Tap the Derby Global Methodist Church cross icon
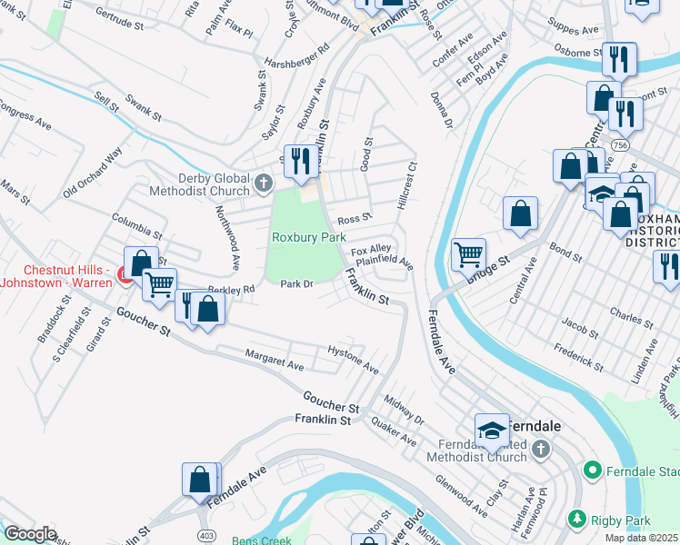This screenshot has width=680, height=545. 264,183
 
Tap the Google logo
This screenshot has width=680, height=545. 30,534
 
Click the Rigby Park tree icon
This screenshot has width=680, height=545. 575,518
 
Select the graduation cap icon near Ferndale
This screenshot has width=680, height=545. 490,428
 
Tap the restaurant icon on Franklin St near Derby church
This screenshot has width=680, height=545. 300,160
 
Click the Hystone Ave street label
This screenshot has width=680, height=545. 353,360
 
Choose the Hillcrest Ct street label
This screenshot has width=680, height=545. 406,185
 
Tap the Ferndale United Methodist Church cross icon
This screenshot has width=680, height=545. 540,449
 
